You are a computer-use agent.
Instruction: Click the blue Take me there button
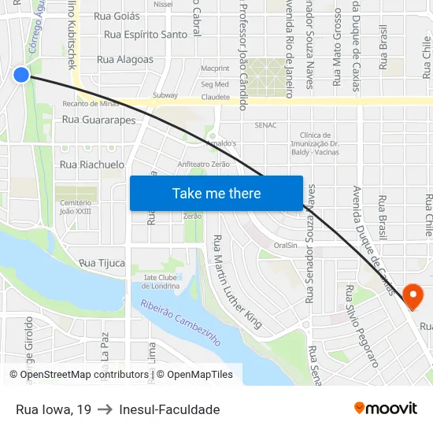tap(216, 193)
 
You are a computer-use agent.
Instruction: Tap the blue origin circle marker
tap(21, 75)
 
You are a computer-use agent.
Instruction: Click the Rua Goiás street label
tap(117, 16)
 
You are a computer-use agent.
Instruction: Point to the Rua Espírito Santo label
tap(146, 35)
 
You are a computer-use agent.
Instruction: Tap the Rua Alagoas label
tap(124, 59)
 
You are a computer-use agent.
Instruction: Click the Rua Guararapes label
tap(98, 120)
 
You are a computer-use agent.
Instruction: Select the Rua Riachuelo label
tap(92, 165)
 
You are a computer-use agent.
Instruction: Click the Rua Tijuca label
tap(102, 263)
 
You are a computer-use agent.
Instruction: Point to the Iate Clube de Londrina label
tap(156, 281)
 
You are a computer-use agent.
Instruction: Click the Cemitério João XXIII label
tap(76, 206)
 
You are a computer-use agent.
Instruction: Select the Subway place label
tap(165, 96)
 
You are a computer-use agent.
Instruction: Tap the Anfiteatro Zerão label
tap(203, 165)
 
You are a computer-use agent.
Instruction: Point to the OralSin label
tap(285, 245)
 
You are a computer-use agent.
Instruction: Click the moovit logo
tap(386, 408)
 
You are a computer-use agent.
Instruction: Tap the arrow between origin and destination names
tap(105, 409)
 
